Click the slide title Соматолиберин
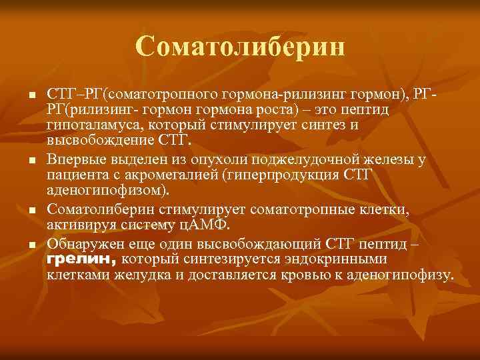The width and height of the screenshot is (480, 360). pyautogui.click(x=240, y=47)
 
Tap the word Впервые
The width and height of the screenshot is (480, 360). pyautogui.click(x=77, y=159)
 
